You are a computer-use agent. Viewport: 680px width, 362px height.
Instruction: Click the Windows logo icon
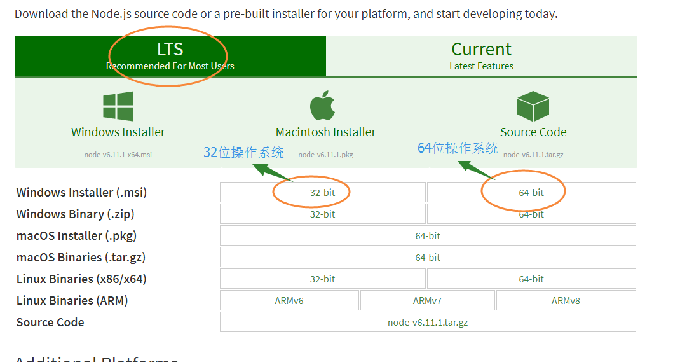coord(118,106)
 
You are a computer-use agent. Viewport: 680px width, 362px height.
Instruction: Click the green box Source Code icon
coord(533,106)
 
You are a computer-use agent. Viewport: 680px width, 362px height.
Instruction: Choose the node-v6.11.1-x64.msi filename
coord(118,155)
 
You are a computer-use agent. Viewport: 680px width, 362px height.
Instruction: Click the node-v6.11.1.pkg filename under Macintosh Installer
coord(325,155)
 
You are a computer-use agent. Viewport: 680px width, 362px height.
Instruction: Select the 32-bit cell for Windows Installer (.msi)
coord(322,193)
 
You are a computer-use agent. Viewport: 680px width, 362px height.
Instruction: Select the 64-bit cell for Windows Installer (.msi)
coord(531,193)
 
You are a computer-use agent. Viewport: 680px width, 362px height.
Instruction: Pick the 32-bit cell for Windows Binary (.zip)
coord(322,214)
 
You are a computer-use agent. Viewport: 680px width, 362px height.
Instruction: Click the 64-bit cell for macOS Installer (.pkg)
coord(428,236)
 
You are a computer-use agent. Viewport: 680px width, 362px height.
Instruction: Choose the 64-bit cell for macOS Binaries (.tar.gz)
coord(428,258)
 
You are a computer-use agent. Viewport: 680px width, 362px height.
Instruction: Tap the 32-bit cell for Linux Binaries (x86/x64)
coord(322,279)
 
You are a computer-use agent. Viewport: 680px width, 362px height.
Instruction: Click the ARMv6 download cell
coord(289,301)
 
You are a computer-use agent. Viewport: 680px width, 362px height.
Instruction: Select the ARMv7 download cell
coord(427,301)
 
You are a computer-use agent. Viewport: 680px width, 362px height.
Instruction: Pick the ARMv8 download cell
coord(566,301)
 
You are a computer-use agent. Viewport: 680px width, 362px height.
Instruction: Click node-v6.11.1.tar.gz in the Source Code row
coord(428,323)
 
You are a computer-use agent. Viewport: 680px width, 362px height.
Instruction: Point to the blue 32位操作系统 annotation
coord(243,153)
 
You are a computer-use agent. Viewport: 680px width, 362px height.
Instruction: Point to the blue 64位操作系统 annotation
coord(458,148)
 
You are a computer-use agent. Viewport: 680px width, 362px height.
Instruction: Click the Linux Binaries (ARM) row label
coord(72,301)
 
